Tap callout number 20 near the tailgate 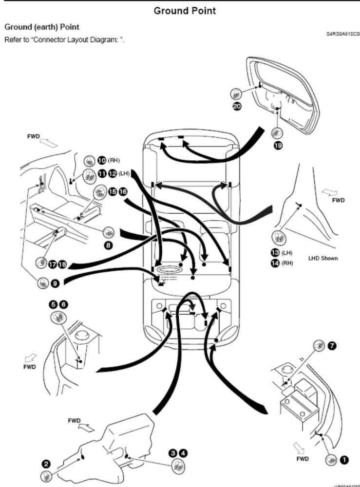(x=237, y=107)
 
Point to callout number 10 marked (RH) (x=102, y=160)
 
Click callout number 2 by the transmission (x=46, y=464)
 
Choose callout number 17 (x=52, y=265)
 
